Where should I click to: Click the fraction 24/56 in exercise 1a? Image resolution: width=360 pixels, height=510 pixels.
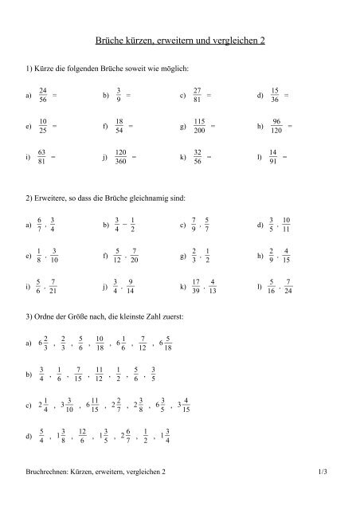point(43,96)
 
